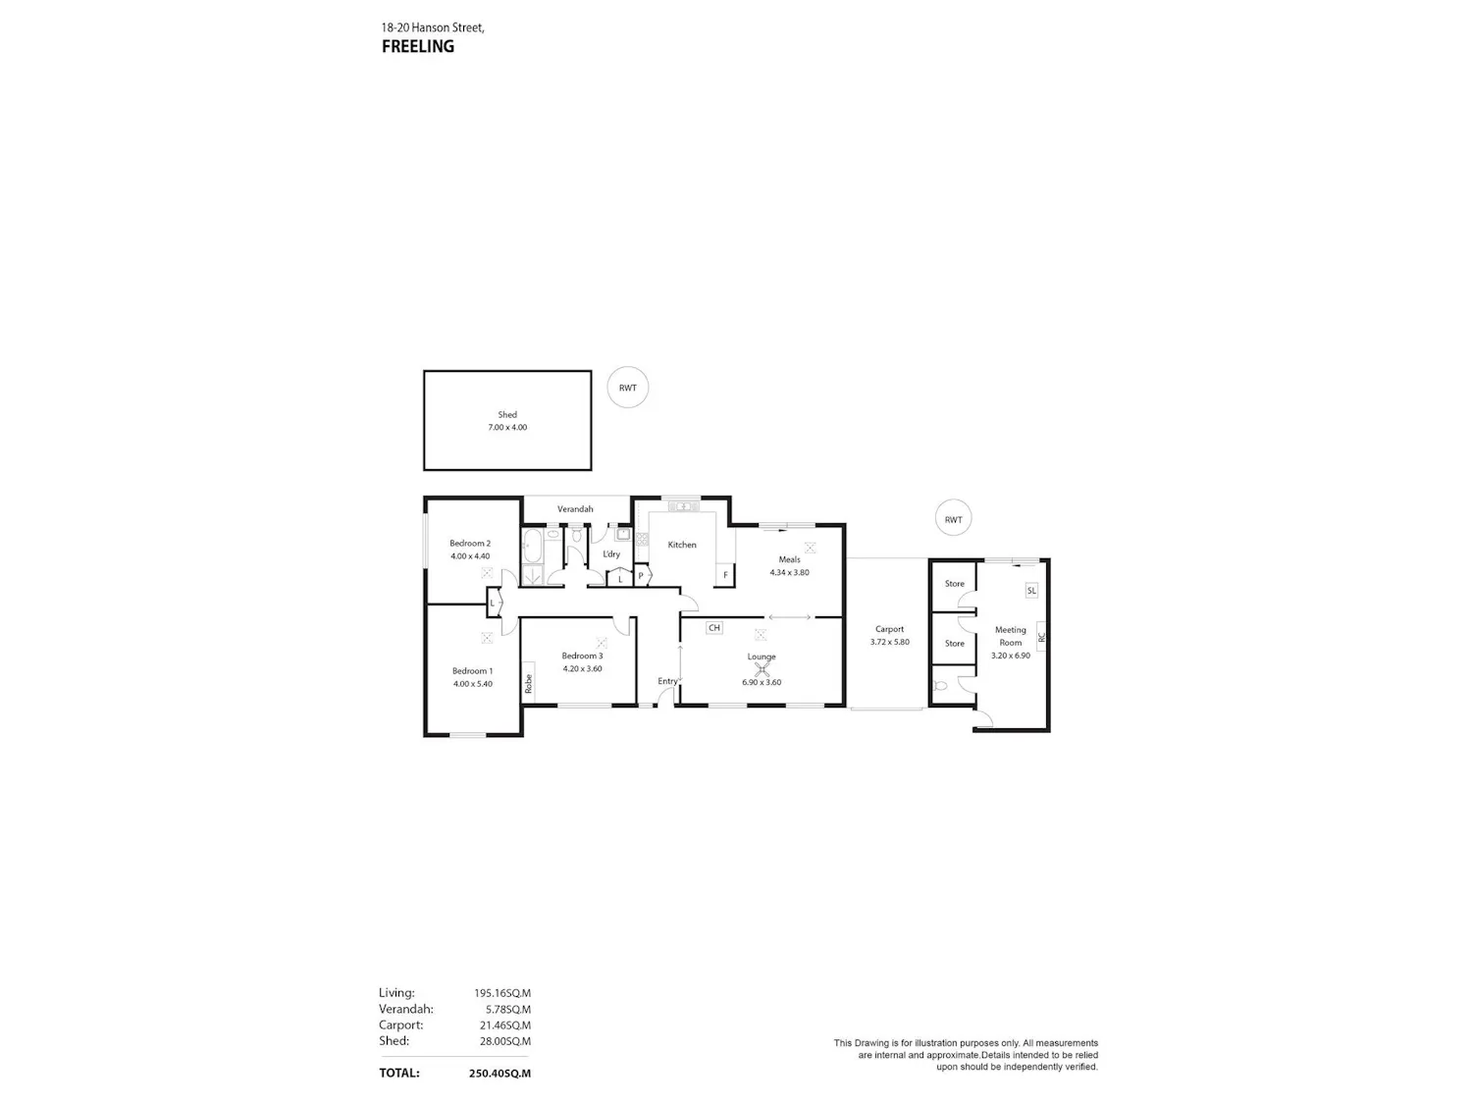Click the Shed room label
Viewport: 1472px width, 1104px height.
click(507, 415)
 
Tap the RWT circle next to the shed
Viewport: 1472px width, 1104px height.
click(628, 388)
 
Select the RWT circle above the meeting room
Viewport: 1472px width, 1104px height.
click(953, 519)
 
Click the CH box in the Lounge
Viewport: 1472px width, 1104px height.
click(714, 628)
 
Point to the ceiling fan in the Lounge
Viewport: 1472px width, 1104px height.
click(762, 669)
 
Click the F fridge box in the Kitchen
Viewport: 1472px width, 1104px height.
click(725, 575)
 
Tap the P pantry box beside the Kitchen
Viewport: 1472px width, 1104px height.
click(641, 576)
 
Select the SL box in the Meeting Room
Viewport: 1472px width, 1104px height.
click(1031, 591)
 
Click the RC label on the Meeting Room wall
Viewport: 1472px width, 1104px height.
click(1041, 638)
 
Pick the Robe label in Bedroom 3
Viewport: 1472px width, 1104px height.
click(528, 683)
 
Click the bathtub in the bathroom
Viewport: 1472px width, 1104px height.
click(533, 547)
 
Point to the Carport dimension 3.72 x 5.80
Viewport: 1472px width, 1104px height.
click(890, 642)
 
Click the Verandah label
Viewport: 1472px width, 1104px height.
click(575, 508)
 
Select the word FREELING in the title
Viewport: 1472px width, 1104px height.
click(418, 46)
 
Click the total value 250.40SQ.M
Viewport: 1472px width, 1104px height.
click(499, 1074)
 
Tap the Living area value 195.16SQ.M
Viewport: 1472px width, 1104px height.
click(502, 993)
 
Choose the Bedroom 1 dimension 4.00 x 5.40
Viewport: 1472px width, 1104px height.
click(473, 684)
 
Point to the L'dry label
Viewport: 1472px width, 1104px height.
click(611, 554)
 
